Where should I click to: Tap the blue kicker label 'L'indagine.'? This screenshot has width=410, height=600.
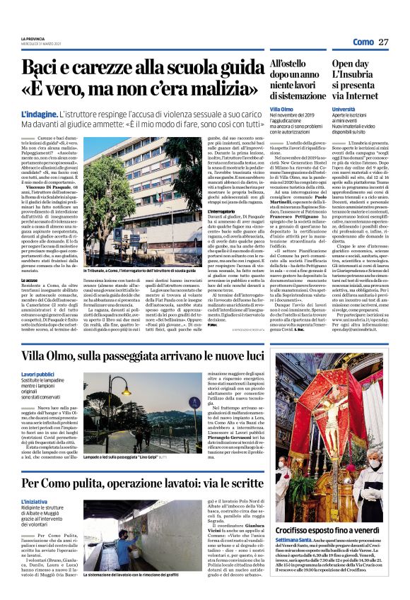[39, 114]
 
